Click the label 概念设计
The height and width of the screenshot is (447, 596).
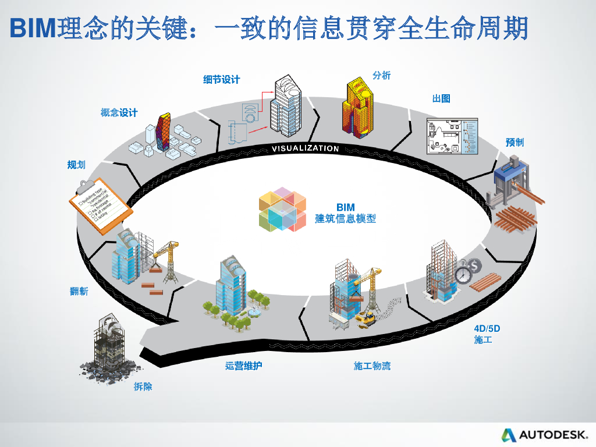tap(119, 113)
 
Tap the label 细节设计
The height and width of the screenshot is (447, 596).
tap(221, 80)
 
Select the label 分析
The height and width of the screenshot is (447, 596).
tap(381, 76)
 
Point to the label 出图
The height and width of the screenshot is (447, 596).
tap(441, 98)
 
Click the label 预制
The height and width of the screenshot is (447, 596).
tap(515, 143)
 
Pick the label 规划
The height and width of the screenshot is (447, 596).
tap(76, 165)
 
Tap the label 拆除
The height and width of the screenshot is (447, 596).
tap(143, 386)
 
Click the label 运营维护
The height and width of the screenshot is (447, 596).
tap(248, 366)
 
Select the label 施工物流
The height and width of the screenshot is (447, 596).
tap(372, 366)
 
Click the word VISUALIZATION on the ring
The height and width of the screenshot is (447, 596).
tap(305, 148)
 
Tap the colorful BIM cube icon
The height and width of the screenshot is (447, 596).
tap(282, 210)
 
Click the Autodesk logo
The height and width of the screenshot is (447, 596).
tap(545, 435)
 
